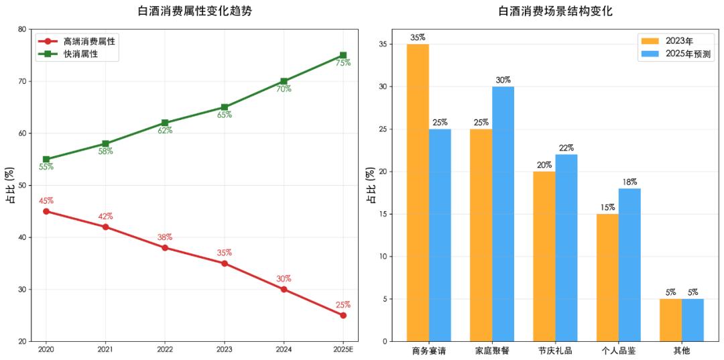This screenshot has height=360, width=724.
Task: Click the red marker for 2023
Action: [x=225, y=263]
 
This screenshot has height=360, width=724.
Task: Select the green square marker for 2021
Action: [x=106, y=143]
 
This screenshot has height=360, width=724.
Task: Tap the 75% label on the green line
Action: [x=343, y=63]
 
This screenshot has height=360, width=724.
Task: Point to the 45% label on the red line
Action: [x=46, y=200]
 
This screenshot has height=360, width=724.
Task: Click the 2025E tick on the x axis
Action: [x=343, y=350]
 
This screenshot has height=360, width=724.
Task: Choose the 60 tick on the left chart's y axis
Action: [x=22, y=133]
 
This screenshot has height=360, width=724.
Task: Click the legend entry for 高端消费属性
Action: [x=76, y=41]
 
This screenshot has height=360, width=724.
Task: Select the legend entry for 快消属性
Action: [x=68, y=54]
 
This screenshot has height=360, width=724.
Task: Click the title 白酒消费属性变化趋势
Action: [x=195, y=11]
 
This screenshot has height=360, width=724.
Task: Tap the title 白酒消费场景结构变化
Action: [x=556, y=11]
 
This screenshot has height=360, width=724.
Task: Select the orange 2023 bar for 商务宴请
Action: [x=418, y=193]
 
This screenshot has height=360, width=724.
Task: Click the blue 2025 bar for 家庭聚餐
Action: [x=503, y=214]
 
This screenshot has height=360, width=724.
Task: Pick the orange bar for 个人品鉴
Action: [x=607, y=278]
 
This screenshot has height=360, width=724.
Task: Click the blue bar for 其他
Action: [x=692, y=320]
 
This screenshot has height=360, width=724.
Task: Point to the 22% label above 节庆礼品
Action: [x=566, y=147]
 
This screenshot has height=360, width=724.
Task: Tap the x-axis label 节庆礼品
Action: [x=556, y=351]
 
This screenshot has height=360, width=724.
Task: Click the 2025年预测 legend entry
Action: [x=676, y=54]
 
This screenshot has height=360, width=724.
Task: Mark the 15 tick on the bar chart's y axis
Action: [x=381, y=214]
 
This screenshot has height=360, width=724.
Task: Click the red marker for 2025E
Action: [x=343, y=316]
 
